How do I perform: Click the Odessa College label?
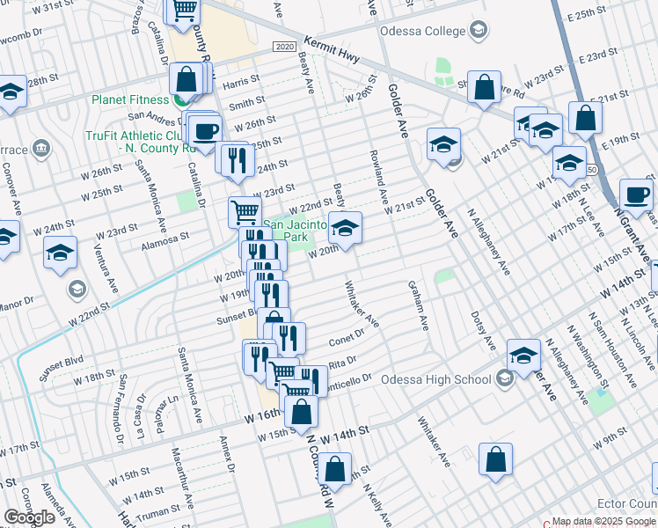point(422,32)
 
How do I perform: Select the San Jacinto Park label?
point(296,231)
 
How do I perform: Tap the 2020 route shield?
point(282,46)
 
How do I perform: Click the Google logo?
point(29,517)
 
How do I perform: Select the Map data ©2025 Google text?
point(603,521)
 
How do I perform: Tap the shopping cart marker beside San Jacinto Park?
point(245,211)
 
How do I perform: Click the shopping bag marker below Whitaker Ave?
point(496,459)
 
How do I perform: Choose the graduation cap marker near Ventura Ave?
point(60,253)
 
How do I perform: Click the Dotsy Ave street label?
point(478,326)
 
